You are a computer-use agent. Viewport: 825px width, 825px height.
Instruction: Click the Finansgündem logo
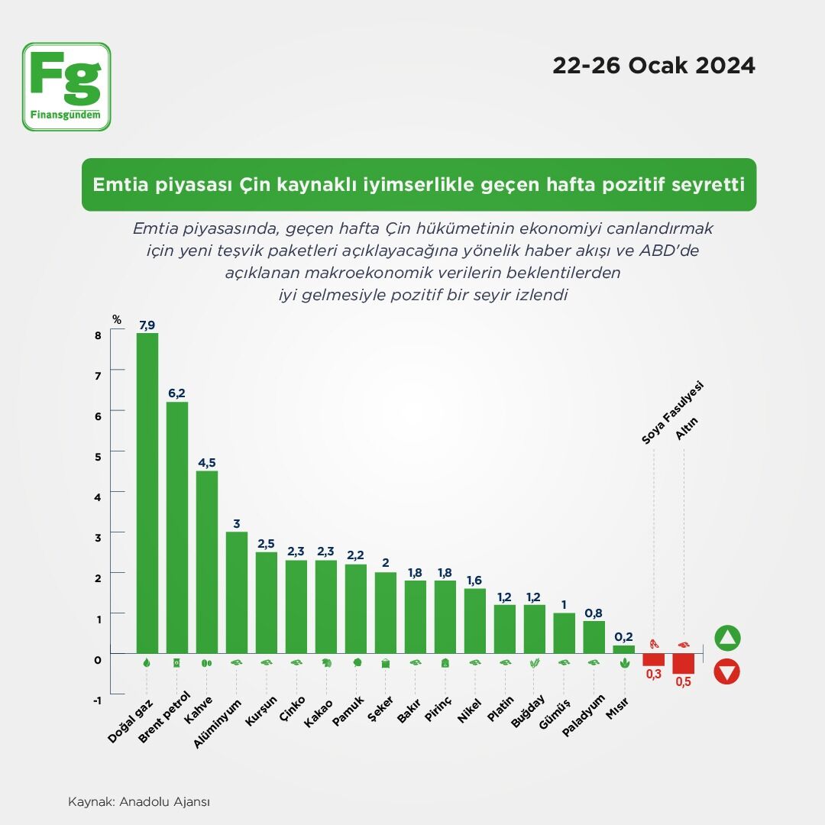click(x=66, y=87)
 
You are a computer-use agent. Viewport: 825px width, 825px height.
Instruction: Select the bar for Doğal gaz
click(x=147, y=493)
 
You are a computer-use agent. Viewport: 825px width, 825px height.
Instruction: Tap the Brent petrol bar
click(x=176, y=528)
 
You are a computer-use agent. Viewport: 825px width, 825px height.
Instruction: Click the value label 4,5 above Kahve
click(x=207, y=462)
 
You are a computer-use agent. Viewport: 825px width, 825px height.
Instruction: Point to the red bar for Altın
click(x=684, y=664)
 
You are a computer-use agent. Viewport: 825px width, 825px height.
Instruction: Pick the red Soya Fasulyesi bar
click(x=653, y=659)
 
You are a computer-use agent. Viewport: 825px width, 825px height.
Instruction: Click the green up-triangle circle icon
click(x=727, y=638)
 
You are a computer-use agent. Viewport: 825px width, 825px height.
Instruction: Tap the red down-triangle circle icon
click(x=727, y=672)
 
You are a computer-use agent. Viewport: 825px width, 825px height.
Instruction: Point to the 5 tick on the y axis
click(x=98, y=457)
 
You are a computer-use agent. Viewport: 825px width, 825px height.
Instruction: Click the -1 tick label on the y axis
click(x=97, y=700)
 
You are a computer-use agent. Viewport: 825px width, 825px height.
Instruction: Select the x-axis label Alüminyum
click(x=216, y=724)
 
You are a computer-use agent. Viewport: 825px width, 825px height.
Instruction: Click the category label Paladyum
click(x=583, y=716)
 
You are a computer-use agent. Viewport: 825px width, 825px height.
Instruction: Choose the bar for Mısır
click(x=624, y=649)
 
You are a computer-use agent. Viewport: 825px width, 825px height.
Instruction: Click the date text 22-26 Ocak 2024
click(x=654, y=66)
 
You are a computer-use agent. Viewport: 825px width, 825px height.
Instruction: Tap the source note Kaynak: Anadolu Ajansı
click(x=139, y=802)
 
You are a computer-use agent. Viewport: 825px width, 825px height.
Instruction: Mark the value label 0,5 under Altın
click(x=684, y=682)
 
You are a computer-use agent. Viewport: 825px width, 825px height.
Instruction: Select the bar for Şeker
click(x=386, y=613)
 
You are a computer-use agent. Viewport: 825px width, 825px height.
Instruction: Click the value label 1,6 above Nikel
click(x=474, y=581)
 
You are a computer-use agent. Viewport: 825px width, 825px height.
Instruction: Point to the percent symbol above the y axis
click(x=117, y=319)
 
